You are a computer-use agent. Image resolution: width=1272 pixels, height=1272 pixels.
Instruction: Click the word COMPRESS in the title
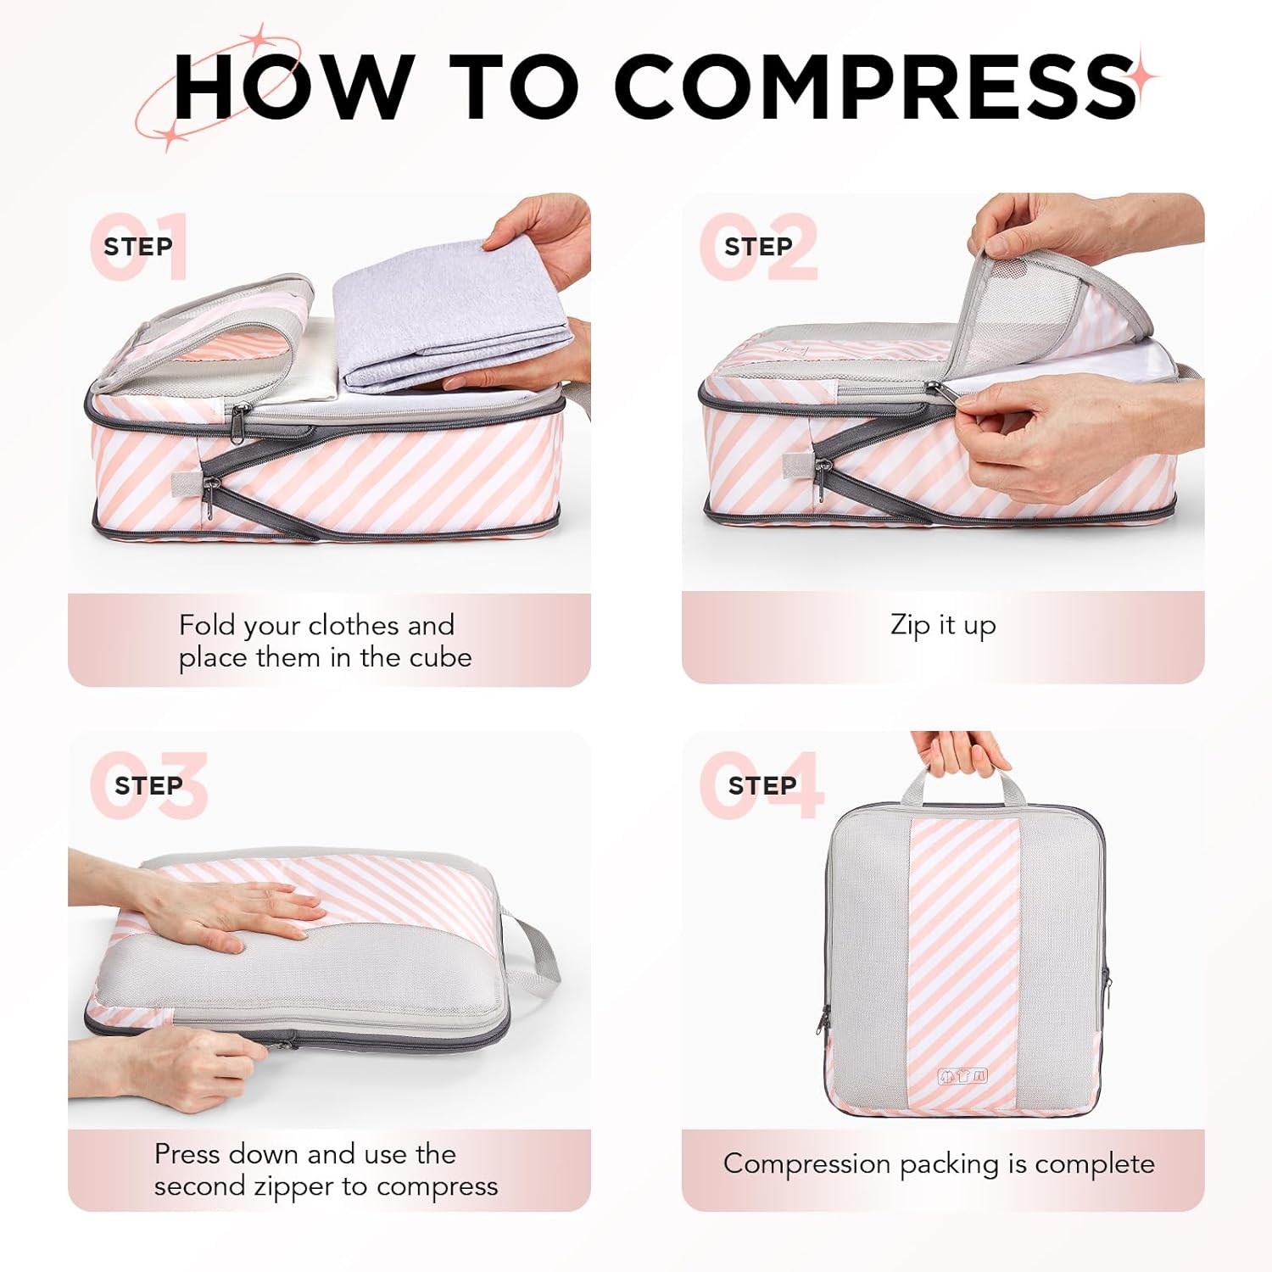(873, 86)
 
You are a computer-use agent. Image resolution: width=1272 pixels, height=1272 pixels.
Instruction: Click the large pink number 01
(140, 247)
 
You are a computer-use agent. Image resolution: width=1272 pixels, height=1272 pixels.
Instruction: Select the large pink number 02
(760, 247)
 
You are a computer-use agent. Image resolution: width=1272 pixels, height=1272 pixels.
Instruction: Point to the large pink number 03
(149, 785)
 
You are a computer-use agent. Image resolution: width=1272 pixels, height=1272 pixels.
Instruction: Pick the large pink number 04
(761, 785)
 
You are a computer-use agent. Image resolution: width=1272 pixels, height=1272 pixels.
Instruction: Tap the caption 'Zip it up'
(943, 626)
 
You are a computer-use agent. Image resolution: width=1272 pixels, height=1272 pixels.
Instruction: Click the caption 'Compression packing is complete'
(939, 1164)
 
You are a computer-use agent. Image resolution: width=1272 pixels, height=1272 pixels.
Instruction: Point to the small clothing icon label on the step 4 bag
(962, 1076)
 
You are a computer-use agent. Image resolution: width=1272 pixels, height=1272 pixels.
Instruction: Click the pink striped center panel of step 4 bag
(963, 950)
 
